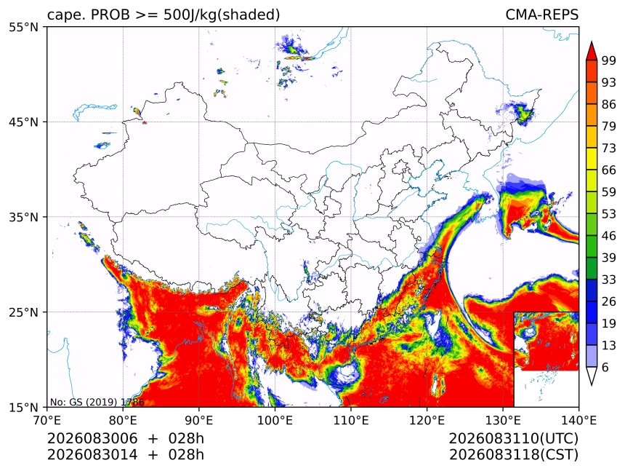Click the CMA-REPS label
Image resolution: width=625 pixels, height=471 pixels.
(x=541, y=15)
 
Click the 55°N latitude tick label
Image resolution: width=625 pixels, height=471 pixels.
(x=23, y=27)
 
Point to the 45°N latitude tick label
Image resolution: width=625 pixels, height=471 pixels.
(x=23, y=122)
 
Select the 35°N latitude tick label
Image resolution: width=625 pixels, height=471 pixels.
(x=23, y=217)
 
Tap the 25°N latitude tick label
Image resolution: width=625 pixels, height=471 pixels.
(x=23, y=312)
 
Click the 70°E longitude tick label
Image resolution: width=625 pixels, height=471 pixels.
(x=47, y=420)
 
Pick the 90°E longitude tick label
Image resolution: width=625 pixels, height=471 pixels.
(x=199, y=420)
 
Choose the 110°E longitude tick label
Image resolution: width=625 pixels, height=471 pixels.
(x=351, y=420)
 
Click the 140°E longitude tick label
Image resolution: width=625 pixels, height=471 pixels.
(x=578, y=420)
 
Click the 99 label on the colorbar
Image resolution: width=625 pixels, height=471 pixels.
(x=609, y=60)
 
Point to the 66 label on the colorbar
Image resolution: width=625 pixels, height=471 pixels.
(x=609, y=170)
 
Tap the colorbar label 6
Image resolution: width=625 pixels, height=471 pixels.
(x=605, y=367)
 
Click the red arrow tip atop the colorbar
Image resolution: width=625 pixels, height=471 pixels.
(x=592, y=41)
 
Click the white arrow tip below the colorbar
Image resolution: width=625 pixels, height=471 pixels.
(x=592, y=385)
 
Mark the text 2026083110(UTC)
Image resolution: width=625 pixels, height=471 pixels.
(x=513, y=439)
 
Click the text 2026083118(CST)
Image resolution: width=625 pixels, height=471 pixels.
(x=513, y=455)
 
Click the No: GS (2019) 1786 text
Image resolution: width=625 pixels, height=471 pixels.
(x=97, y=402)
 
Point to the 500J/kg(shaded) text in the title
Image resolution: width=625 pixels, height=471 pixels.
(x=222, y=15)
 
